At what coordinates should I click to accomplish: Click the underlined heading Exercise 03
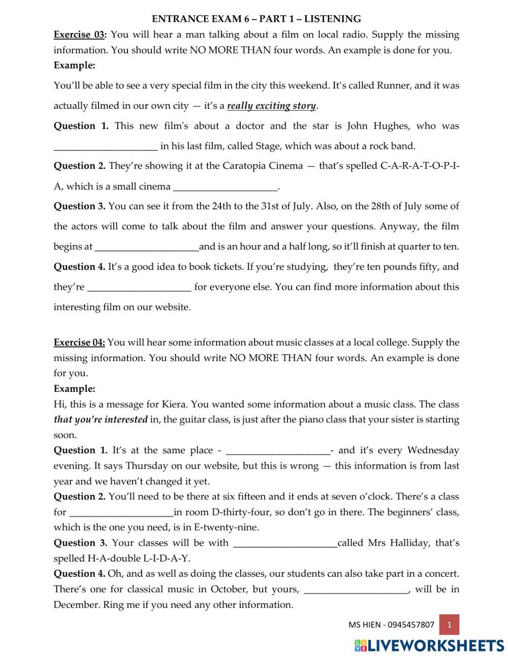(x=80, y=35)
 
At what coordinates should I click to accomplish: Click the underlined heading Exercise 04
(x=79, y=342)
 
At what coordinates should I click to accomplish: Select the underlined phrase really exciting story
(x=271, y=106)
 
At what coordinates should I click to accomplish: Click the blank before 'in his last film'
(x=106, y=146)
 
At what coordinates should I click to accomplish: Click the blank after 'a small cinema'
(x=226, y=186)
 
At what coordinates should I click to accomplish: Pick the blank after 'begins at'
(x=147, y=247)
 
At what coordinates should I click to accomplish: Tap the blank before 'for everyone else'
(x=140, y=287)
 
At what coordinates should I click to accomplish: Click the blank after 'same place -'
(x=277, y=451)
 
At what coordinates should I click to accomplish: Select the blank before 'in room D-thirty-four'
(x=121, y=512)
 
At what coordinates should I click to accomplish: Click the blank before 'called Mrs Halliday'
(x=285, y=543)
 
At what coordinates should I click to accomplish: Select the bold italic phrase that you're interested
(x=101, y=420)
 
